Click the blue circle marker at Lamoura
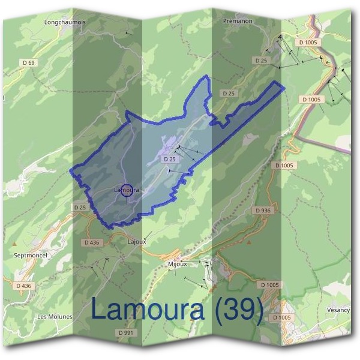point(127,190)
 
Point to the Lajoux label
point(137,241)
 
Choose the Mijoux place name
point(178,263)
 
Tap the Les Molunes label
point(55,316)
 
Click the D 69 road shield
point(28,62)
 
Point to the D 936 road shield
point(263,211)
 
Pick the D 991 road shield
point(125,332)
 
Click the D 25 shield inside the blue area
point(169,159)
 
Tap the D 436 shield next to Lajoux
point(92,242)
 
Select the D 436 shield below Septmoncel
point(23,286)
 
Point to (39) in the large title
point(239,310)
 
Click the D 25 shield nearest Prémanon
point(260,61)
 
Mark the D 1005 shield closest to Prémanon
point(310,43)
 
